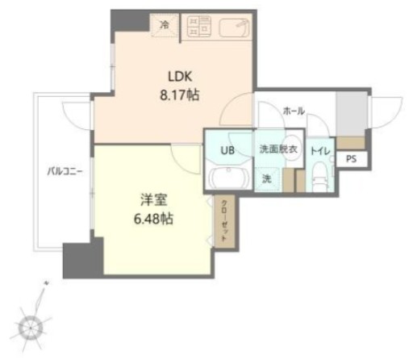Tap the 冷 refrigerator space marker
165,25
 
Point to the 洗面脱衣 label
277,149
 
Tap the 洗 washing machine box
266,178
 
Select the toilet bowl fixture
319,174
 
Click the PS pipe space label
350,159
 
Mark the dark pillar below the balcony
83,260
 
